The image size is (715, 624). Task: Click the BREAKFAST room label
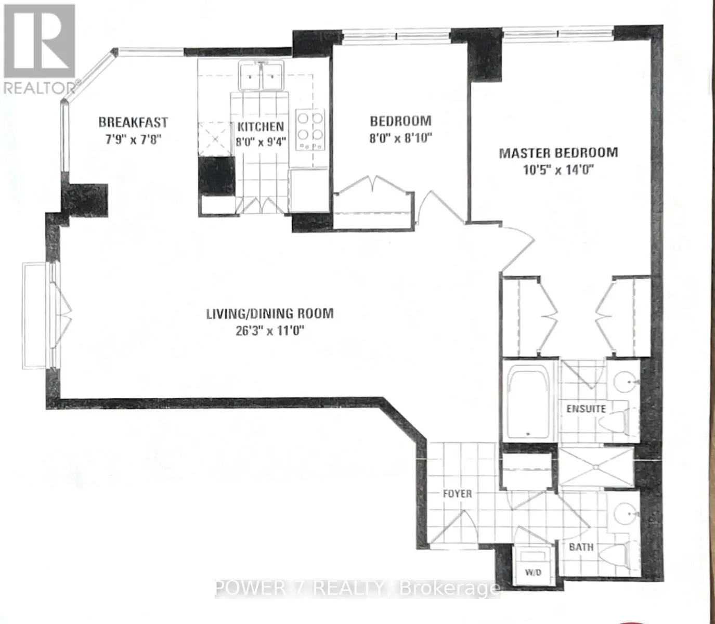pyautogui.click(x=133, y=123)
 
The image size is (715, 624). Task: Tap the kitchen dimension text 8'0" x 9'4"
pyautogui.click(x=261, y=141)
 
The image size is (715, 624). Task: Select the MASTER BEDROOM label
pyautogui.click(x=558, y=153)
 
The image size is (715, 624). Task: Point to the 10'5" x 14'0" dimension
pyautogui.click(x=558, y=170)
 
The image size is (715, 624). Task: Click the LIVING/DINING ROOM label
pyautogui.click(x=270, y=314)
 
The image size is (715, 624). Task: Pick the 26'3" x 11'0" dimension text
pyautogui.click(x=268, y=331)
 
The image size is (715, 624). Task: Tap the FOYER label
pyautogui.click(x=457, y=493)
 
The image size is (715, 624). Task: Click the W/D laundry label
pyautogui.click(x=533, y=582)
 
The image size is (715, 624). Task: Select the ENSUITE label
pyautogui.click(x=586, y=408)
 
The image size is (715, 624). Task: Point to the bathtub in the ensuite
pyautogui.click(x=528, y=404)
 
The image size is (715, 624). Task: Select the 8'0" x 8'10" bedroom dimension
pyautogui.click(x=401, y=139)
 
